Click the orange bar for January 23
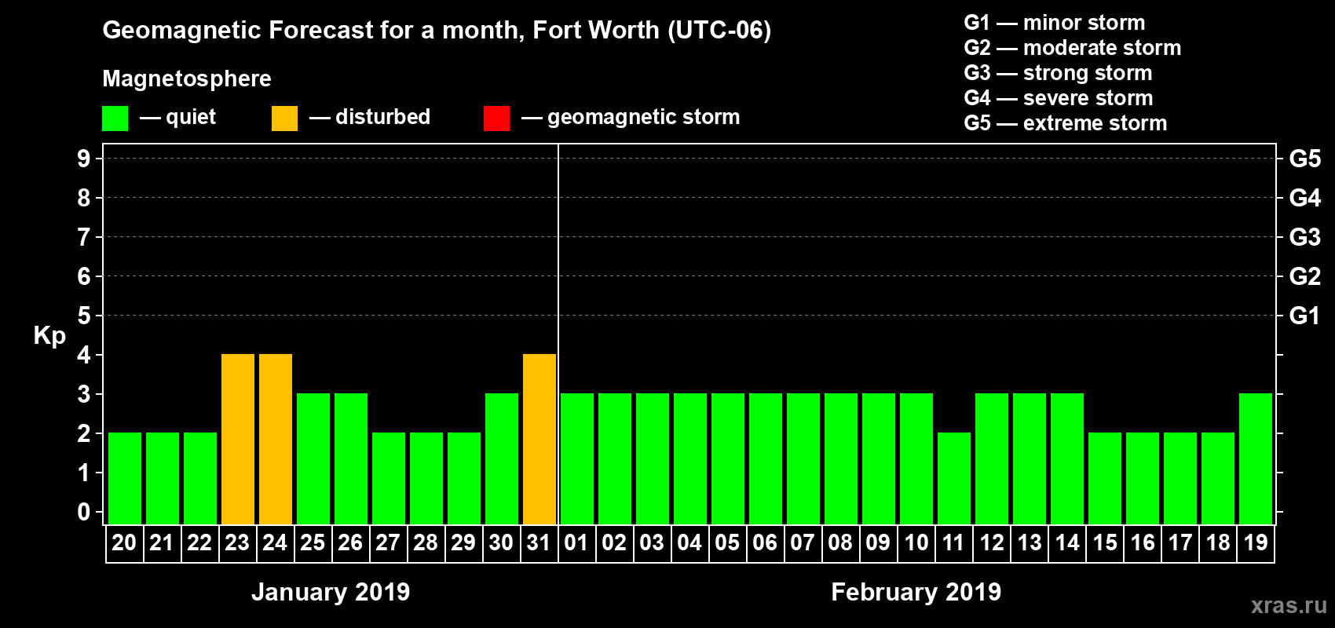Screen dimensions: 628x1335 pos(238,439)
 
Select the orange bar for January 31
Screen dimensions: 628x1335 pos(539,439)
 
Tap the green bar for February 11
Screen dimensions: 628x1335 pos(954,478)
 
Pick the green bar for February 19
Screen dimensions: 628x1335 pos(1256,458)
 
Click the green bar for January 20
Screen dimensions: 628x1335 pos(125,478)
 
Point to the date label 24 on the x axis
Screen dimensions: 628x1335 pos(275,542)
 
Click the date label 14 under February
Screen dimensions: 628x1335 pos(1067,542)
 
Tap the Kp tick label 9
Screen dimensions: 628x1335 pos(84,159)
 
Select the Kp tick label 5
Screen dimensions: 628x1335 pos(84,316)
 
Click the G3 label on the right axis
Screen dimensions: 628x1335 pos(1304,237)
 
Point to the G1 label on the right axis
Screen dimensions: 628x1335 pos(1304,316)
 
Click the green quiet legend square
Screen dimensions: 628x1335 pos(115,119)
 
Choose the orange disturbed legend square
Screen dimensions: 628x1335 pos(284,119)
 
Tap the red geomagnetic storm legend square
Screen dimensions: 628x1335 pos(496,119)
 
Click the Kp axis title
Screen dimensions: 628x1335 pos(49,336)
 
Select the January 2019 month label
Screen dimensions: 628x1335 pos(331,592)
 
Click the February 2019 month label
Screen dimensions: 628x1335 pos(916,592)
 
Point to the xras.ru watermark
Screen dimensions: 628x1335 pos(1289,605)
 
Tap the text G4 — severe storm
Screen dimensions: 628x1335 pos(1058,98)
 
